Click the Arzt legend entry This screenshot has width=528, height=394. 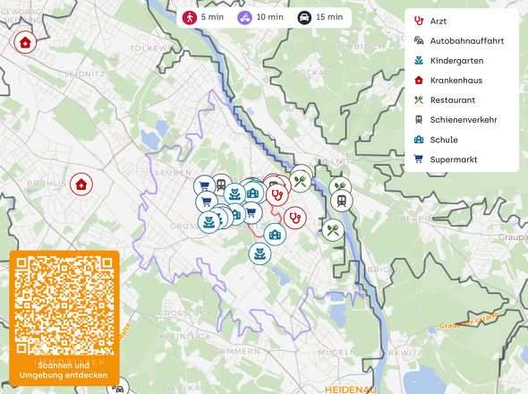point(438,21)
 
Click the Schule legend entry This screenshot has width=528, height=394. point(443,140)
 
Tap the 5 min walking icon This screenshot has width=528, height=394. point(189,17)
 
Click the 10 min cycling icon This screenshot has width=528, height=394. point(244,17)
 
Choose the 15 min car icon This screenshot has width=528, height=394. point(303,17)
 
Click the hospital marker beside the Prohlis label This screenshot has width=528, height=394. point(81,184)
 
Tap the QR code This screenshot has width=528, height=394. point(64,304)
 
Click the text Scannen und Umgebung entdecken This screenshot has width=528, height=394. point(64,371)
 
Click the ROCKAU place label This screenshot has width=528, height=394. point(306,72)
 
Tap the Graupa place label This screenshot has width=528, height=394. point(514,237)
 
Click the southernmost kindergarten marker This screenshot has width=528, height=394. point(260,253)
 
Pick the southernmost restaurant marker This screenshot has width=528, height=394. point(333,230)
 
